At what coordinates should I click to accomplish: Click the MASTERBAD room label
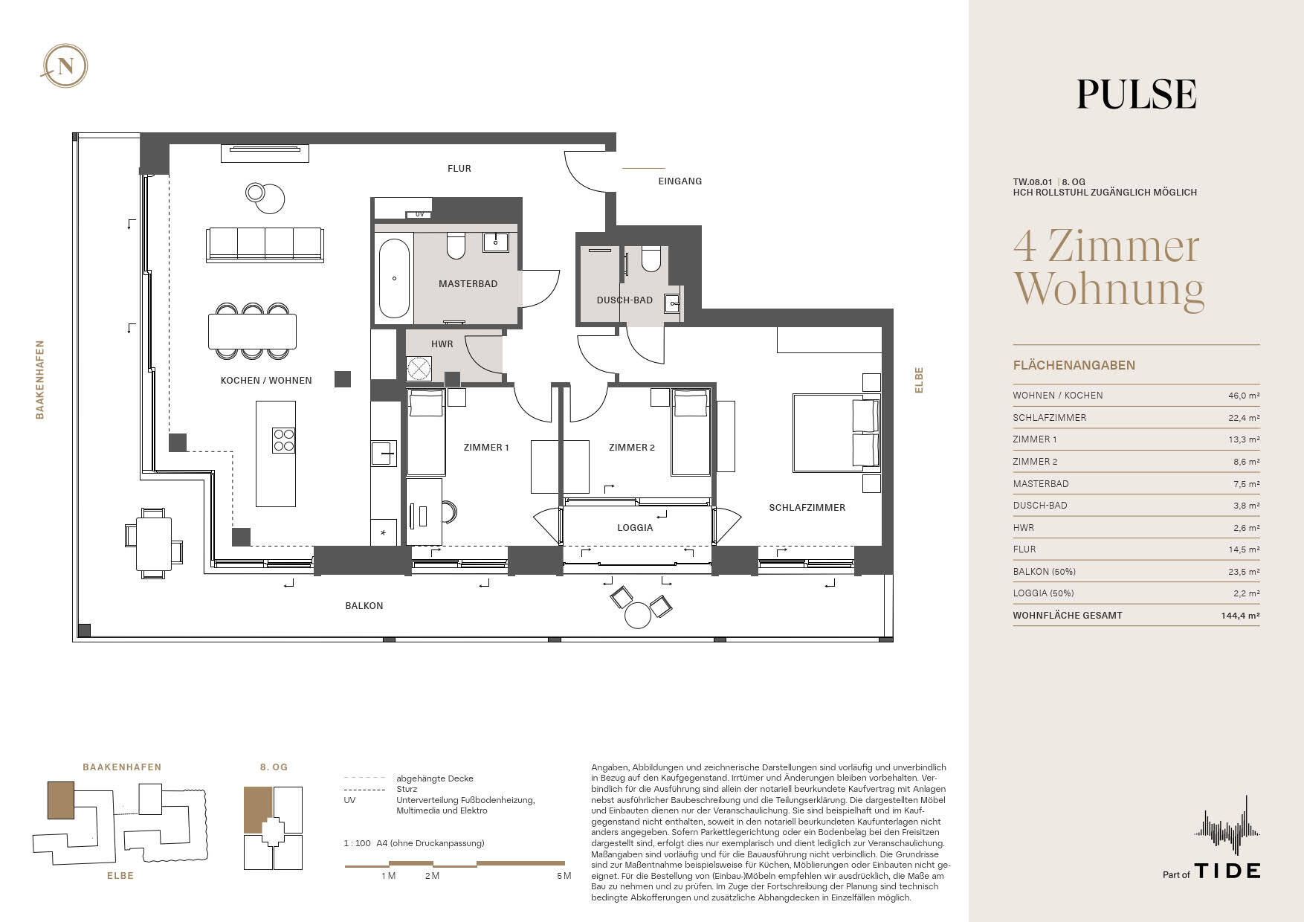point(468,284)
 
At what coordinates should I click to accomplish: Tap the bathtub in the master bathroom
point(394,277)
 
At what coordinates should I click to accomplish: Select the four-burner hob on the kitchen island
point(284,440)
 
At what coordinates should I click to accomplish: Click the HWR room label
point(442,344)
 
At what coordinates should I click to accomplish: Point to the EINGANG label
point(680,181)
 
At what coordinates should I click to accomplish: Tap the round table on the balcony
point(638,615)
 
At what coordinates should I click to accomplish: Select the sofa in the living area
point(265,245)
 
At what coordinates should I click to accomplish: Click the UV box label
point(419,215)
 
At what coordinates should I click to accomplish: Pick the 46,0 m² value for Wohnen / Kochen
point(1244,396)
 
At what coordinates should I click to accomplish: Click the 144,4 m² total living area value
point(1242,616)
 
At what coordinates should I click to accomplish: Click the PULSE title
point(1137,94)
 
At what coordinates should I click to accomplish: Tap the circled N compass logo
point(65,66)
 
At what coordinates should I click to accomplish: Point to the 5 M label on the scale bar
point(564,876)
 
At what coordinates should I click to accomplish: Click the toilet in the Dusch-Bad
point(651,258)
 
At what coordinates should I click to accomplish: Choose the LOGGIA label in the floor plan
point(635,528)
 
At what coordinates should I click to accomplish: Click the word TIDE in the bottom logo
point(1227,871)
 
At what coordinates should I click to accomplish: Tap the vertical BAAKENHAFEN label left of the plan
point(40,380)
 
